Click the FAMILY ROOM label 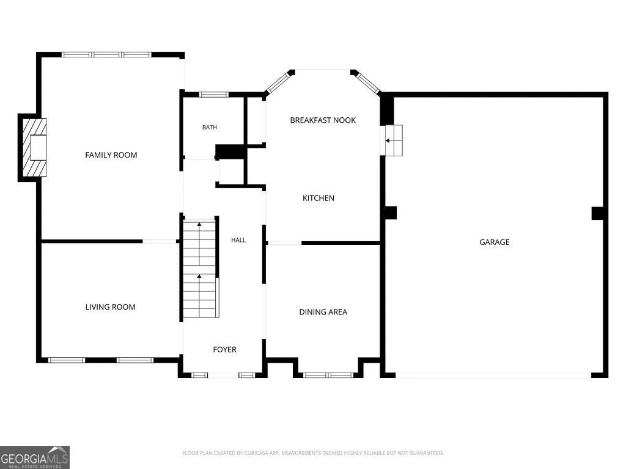[x=111, y=155]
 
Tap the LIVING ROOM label [x=110, y=307]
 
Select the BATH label [x=210, y=127]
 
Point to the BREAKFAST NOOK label [x=323, y=120]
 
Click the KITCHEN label [x=318, y=198]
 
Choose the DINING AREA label [x=323, y=312]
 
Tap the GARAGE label [x=494, y=242]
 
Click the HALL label [x=238, y=239]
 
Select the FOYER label [x=224, y=349]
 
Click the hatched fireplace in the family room [x=34, y=148]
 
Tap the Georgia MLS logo [x=35, y=457]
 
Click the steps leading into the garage [x=393, y=140]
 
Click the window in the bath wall [x=213, y=95]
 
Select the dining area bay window [x=328, y=375]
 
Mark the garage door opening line [x=493, y=376]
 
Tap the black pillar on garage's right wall [x=597, y=213]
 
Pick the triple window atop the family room [x=106, y=54]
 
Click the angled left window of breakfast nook [x=278, y=82]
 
